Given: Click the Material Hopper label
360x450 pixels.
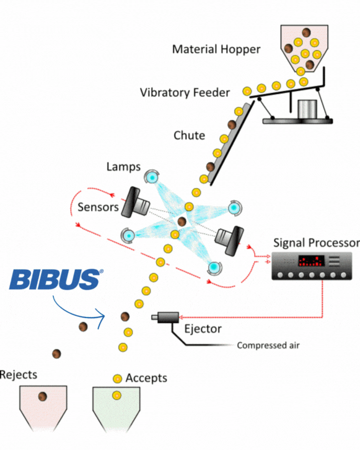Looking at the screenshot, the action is tap(216, 50).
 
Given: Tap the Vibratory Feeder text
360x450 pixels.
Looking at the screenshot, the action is tap(185, 93).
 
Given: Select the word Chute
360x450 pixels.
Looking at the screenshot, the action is tap(190, 136).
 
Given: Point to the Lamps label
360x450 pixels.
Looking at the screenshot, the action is tap(123, 167).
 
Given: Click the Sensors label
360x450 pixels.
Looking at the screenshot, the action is tap(98, 207).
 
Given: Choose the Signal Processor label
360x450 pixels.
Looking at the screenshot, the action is tap(317, 243).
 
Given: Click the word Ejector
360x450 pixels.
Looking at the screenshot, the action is tap(203, 329).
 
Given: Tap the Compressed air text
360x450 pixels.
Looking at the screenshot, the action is tap(268, 345).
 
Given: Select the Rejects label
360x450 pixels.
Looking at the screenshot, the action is tap(19, 375).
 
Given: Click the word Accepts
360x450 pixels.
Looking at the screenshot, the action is tap(146, 378).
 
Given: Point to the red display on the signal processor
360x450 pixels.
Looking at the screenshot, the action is tap(311, 261).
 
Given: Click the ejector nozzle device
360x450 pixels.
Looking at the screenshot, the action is tap(165, 317).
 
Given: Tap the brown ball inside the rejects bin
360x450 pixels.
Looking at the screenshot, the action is tap(43, 396).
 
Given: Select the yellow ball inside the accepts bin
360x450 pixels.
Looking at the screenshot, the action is tap(116, 396).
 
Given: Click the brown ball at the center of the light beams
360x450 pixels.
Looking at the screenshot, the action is tap(182, 221).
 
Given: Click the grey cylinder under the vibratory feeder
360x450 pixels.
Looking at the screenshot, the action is tap(307, 109).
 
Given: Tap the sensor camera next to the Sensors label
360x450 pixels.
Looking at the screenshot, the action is tap(135, 202).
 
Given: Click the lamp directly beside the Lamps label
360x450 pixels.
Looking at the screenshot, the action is tap(152, 178).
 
